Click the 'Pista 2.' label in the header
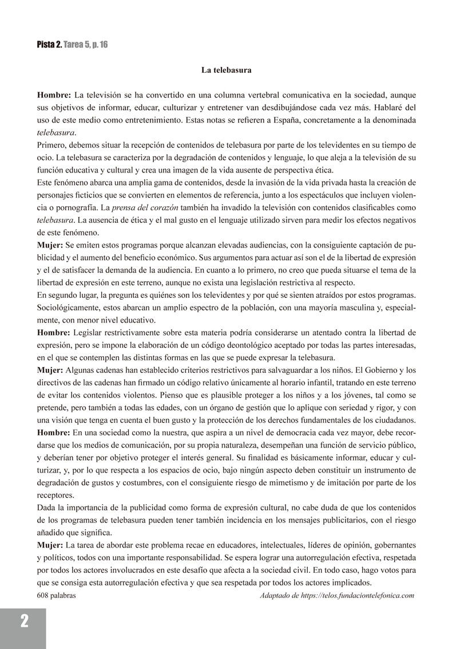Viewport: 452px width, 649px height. (49, 45)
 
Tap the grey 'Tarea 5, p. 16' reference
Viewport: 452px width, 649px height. (85, 45)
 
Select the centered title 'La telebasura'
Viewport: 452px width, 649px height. (227, 70)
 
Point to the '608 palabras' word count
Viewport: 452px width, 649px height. (56, 596)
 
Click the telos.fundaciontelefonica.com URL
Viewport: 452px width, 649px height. (359, 596)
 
